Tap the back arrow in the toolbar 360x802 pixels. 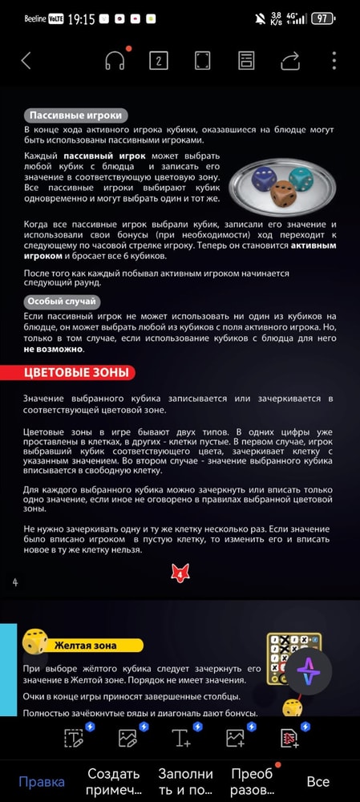(x=26, y=60)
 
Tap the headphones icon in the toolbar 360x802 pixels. (x=115, y=61)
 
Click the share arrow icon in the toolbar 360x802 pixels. (x=290, y=60)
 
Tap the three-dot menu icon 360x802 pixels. (x=334, y=60)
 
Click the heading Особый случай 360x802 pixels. (x=62, y=302)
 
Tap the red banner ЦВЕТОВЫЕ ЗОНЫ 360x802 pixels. (x=68, y=372)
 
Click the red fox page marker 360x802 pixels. (x=180, y=572)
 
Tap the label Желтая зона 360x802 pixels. (x=85, y=645)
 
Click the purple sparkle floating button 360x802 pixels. (x=309, y=673)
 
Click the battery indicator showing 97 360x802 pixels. (x=322, y=18)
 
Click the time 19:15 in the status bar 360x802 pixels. (x=82, y=18)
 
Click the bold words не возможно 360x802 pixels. (x=53, y=350)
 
